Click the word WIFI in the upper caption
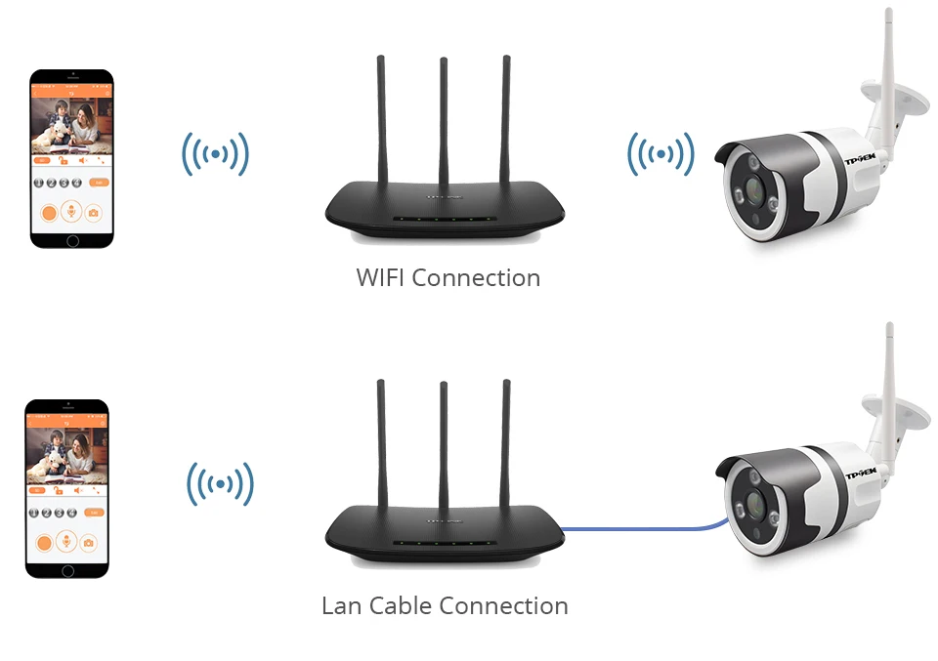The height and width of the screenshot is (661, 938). pos(380,278)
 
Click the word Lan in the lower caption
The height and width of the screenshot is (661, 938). pos(341,606)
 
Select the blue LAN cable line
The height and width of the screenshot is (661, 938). pos(645,530)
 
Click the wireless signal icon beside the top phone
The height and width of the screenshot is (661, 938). pos(215,154)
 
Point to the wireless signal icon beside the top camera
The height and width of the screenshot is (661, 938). pos(661,154)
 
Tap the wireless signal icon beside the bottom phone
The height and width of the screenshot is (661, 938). pos(220,483)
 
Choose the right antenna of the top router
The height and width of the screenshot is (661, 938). pos(506,117)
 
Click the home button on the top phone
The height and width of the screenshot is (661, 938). pos(71,240)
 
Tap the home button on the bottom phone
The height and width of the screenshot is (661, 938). pos(67,569)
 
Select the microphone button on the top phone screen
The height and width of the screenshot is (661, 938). pos(69,211)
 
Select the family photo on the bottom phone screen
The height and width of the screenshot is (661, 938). pos(66,453)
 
